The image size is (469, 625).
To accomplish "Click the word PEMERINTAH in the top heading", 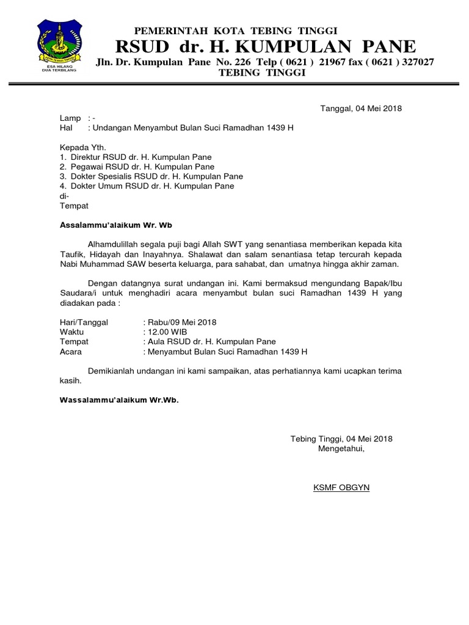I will tap(162, 31).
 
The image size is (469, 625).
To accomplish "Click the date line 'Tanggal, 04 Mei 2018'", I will tap(362, 109).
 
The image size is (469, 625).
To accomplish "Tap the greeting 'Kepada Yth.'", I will tap(83, 147).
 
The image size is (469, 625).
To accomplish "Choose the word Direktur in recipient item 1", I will tap(87, 157).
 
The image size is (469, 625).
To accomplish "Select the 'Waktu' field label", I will tap(71, 332).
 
